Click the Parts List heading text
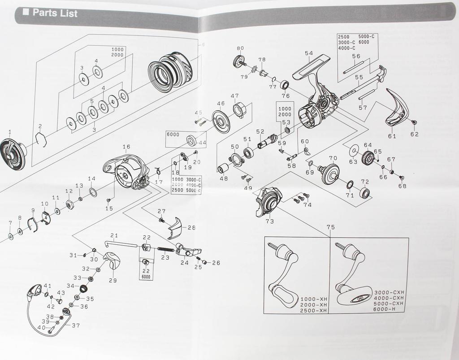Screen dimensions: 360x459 (55, 13)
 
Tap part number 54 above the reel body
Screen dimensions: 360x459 (309, 53)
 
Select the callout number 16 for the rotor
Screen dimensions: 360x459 (126, 147)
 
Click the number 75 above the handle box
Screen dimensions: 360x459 (331, 227)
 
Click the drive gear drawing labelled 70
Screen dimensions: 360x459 (330, 173)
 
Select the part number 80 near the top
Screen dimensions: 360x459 (240, 48)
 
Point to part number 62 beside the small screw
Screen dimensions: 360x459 (414, 134)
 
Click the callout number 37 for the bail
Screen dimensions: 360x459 (76, 325)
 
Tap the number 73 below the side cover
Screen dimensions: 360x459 (270, 221)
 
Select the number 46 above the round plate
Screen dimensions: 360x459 (221, 104)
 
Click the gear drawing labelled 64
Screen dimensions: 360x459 (368, 157)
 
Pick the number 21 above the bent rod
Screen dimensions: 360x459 (114, 236)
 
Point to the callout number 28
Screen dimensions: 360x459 (191, 228)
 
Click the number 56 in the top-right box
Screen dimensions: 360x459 (356, 56)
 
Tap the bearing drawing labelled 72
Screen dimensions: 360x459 (364, 193)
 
